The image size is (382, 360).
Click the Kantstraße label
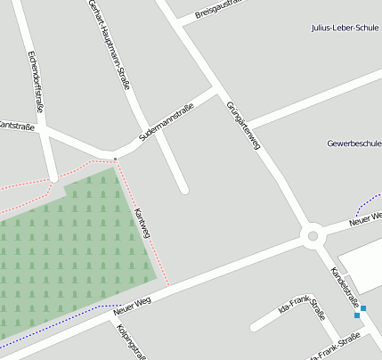(x=16, y=127)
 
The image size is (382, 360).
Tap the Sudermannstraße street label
(x=166, y=125)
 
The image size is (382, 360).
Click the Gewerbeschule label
(x=354, y=143)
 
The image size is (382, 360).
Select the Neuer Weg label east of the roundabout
(x=365, y=217)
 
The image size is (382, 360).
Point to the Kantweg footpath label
(x=142, y=224)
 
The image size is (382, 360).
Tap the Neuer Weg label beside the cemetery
(x=133, y=307)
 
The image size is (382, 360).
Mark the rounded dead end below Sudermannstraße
(x=183, y=189)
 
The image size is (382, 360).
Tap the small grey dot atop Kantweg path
(x=115, y=160)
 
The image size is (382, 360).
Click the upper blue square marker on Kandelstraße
(x=363, y=308)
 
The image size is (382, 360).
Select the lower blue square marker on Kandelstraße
(x=356, y=315)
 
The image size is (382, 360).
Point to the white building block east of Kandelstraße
(x=364, y=266)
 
